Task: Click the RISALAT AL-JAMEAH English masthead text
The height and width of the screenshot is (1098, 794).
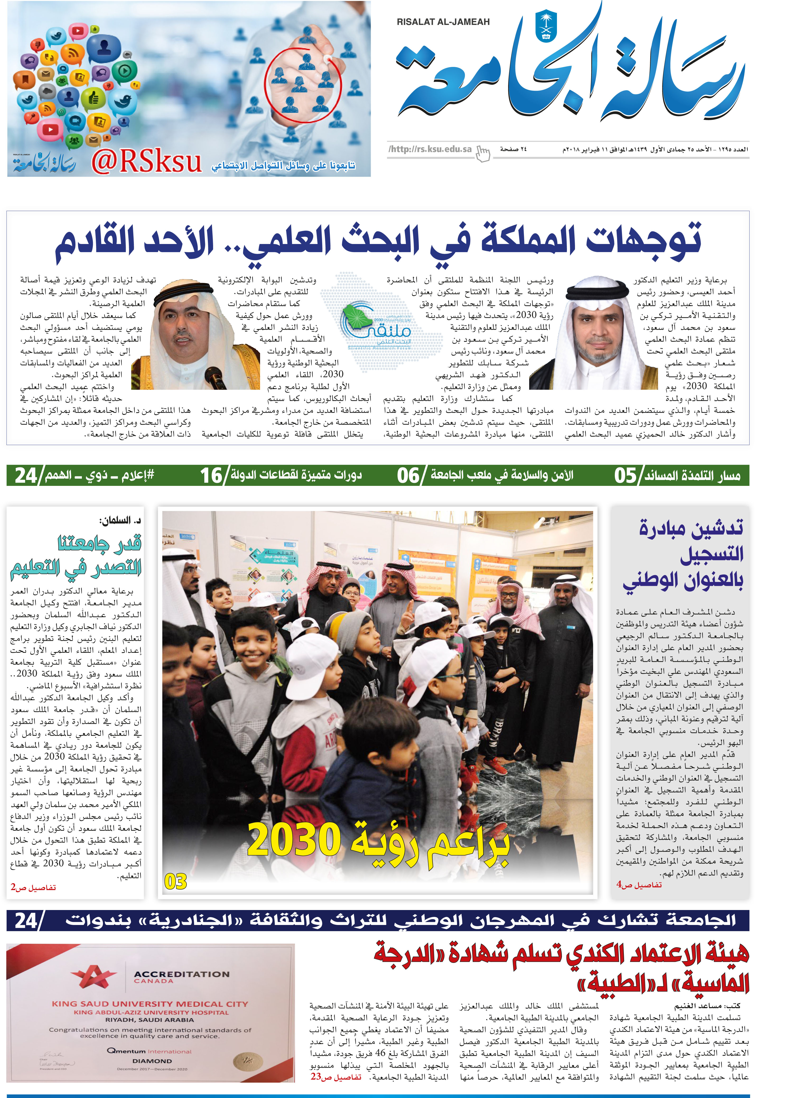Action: (443, 22)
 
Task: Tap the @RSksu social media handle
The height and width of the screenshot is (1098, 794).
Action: (146, 162)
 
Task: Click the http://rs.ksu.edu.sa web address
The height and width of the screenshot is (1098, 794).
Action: (430, 149)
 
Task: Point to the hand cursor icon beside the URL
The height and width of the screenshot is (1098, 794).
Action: (483, 153)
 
